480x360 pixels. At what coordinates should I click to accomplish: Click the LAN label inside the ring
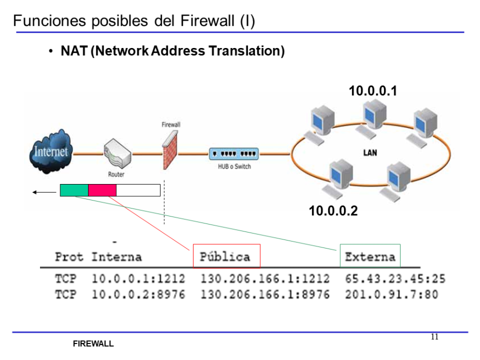(x=370, y=153)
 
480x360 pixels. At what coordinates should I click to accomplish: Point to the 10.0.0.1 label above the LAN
(x=373, y=91)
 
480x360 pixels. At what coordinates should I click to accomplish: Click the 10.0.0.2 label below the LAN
(x=333, y=211)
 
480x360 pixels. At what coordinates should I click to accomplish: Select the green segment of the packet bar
(x=74, y=190)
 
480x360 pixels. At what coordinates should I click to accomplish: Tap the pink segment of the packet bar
(x=102, y=190)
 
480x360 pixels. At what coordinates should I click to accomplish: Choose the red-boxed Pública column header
(x=226, y=257)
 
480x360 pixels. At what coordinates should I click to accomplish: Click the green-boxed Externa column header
(x=370, y=257)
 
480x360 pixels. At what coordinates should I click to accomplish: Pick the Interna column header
(x=116, y=257)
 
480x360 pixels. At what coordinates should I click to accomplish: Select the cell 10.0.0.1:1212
(x=138, y=279)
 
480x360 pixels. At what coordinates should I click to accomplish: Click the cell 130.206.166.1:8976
(x=265, y=294)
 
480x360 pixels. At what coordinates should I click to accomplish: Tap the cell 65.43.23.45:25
(x=395, y=279)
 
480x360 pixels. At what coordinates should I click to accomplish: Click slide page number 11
(x=434, y=337)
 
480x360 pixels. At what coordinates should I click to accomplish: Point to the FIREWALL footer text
(x=93, y=344)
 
